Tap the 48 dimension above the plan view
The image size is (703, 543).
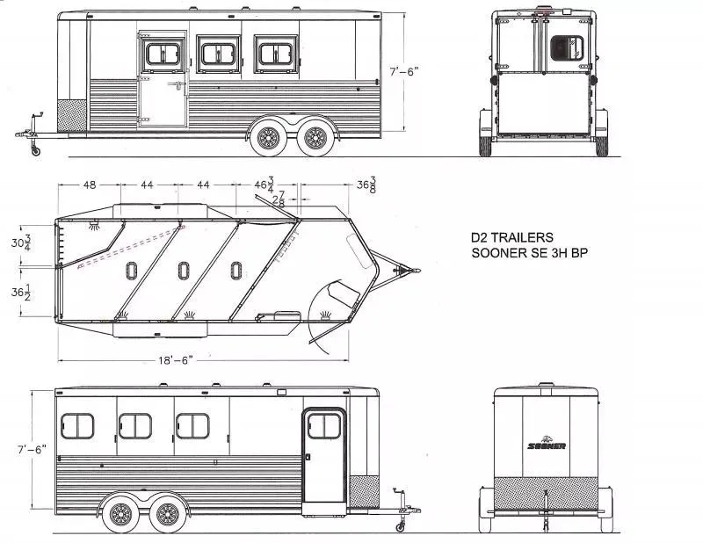90,185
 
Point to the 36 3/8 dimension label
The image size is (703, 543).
367,185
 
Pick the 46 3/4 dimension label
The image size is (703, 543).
265,185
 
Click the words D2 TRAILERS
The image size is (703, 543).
511,237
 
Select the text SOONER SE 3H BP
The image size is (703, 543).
524,253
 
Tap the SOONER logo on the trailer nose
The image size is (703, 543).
546,445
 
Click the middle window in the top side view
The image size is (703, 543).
216,54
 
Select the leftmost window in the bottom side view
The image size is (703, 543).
77,426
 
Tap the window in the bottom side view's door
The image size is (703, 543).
324,425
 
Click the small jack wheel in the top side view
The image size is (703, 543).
35,151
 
